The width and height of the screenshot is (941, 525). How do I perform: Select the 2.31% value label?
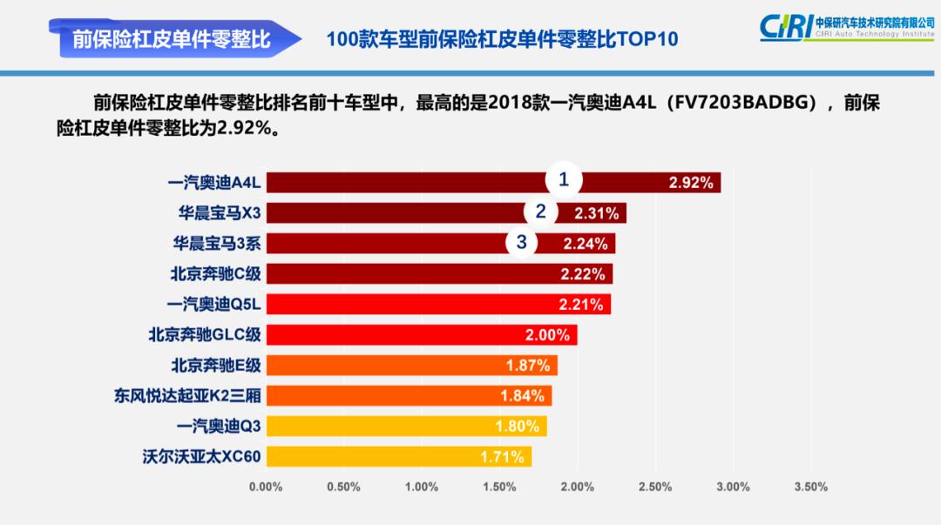tap(597, 213)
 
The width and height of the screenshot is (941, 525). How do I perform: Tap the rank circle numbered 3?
tap(522, 243)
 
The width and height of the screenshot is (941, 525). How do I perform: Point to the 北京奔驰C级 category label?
tap(215, 274)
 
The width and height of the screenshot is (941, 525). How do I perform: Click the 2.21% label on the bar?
tap(581, 305)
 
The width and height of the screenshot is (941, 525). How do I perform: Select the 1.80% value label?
tap(518, 427)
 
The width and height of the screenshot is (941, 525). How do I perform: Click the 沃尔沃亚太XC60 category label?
tap(201, 456)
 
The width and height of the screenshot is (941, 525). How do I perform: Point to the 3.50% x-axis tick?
tap(810, 487)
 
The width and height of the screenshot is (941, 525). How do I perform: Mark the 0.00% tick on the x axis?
tap(266, 487)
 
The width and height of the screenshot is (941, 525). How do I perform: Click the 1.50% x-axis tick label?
tap(499, 487)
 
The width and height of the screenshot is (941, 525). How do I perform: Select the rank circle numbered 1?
tap(564, 180)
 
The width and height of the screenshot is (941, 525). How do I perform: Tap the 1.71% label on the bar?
tap(502, 457)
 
